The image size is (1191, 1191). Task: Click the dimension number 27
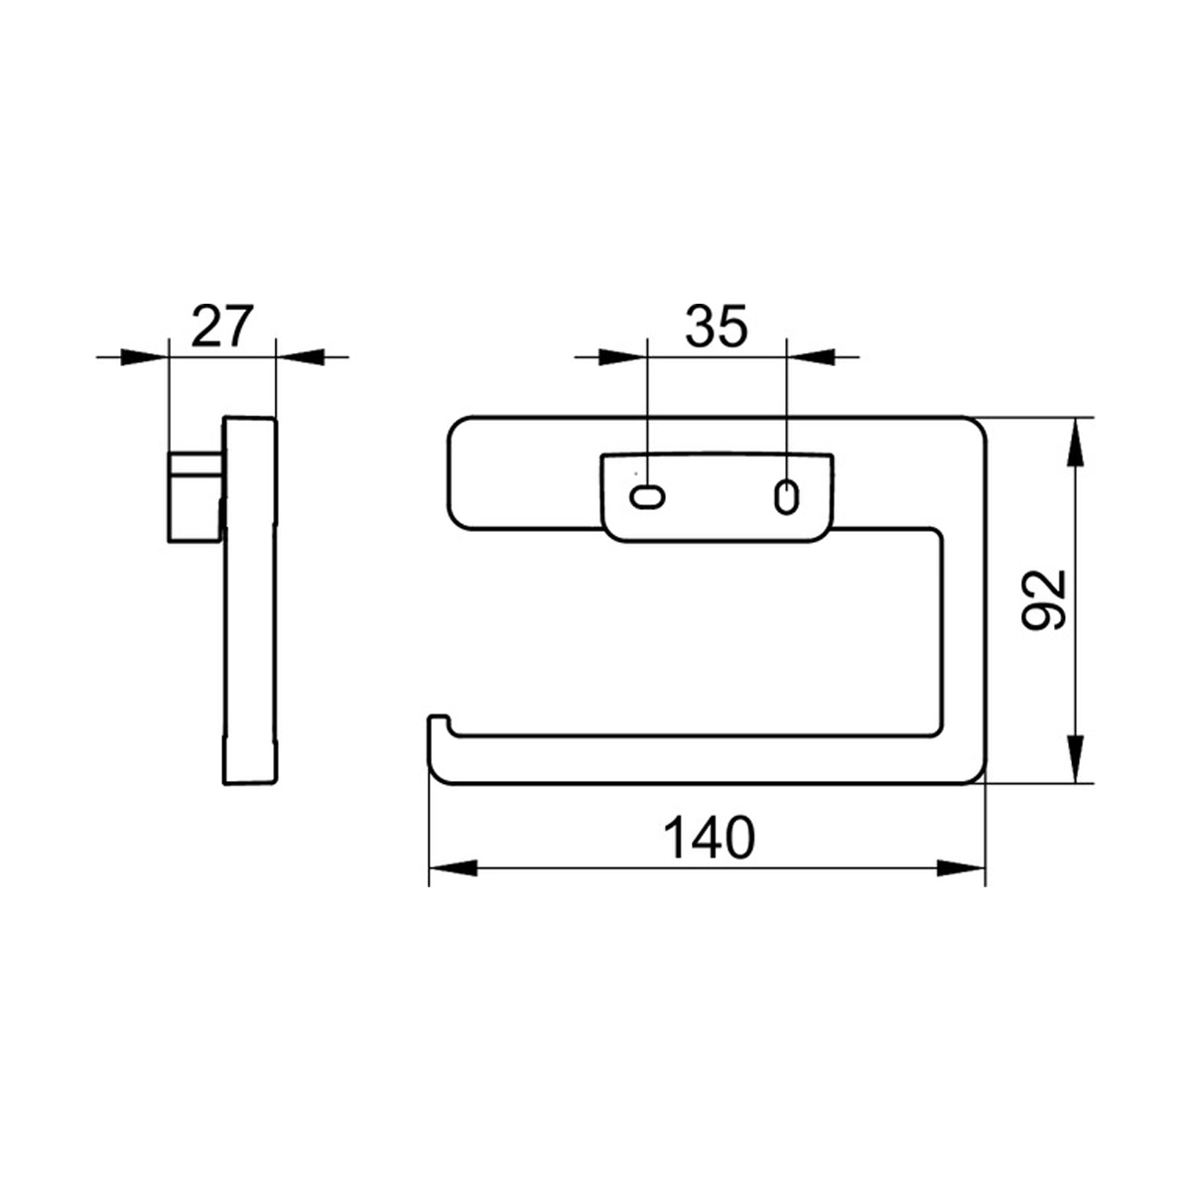222,326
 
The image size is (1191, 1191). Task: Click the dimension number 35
717,326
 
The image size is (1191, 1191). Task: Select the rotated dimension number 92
1044,600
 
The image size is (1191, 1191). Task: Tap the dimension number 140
709,839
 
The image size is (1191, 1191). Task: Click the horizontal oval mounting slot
646,496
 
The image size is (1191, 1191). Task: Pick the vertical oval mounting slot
786,495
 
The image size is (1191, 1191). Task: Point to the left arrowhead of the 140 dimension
453,867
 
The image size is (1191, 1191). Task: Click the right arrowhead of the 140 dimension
961,867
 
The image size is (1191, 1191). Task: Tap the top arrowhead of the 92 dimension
1076,443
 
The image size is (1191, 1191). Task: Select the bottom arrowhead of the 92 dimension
1076,759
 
